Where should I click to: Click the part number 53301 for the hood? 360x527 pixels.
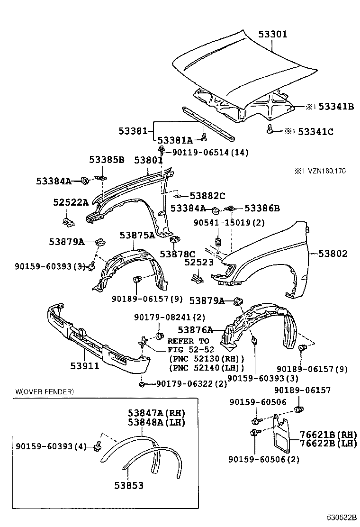tap(273, 34)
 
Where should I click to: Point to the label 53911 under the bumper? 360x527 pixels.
tap(85, 365)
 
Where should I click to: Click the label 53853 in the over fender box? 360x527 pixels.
tap(129, 485)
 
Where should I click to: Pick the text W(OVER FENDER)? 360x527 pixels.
tap(45, 391)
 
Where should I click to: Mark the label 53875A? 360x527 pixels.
tap(137, 236)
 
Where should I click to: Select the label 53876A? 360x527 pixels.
tap(195, 330)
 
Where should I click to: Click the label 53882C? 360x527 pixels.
tap(207, 195)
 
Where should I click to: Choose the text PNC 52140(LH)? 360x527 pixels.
tap(207, 368)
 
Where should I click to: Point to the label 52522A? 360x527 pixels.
tap(71, 202)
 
